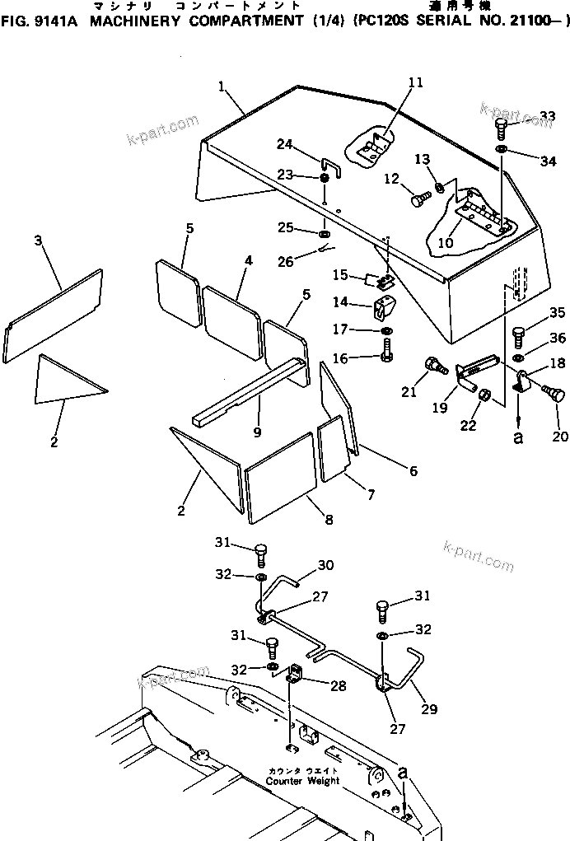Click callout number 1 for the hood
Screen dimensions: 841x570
[222, 86]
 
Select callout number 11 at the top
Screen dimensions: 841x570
[414, 82]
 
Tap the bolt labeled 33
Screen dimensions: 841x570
[501, 128]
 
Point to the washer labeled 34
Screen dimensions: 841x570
[501, 150]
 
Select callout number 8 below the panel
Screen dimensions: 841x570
[329, 519]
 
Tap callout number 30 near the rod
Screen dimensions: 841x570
[325, 565]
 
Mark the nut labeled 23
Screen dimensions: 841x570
[325, 179]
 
